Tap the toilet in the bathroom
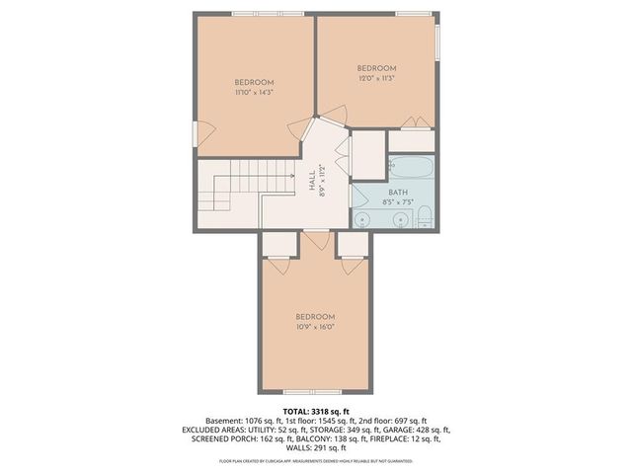point(422,214)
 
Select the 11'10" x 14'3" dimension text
point(254,92)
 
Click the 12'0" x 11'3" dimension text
point(376,79)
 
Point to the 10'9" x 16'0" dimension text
point(316,326)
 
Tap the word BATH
point(397,193)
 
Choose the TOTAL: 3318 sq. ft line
point(316,410)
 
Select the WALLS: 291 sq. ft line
point(316,450)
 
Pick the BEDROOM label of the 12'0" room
point(376,68)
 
